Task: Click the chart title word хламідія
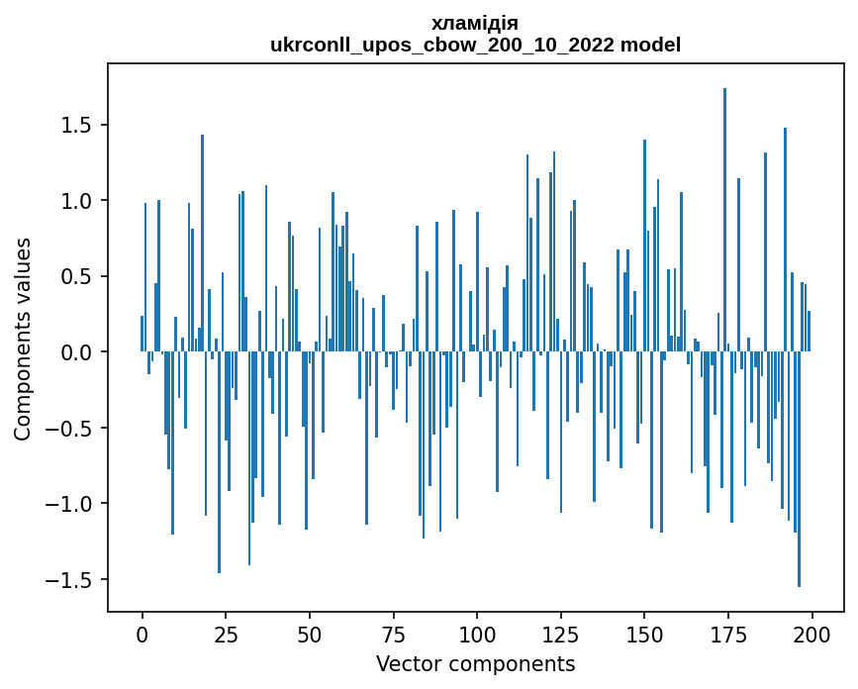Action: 475,23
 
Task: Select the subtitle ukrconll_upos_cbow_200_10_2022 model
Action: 475,45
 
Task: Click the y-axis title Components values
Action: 23,339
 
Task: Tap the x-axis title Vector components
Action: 475,663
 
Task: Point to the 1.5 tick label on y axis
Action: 77,126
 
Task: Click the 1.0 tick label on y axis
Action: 77,201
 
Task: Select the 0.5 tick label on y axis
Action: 77,277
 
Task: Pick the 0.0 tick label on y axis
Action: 77,352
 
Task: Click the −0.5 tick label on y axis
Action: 70,429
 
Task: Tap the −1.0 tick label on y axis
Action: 70,504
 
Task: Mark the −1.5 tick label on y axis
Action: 70,580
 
